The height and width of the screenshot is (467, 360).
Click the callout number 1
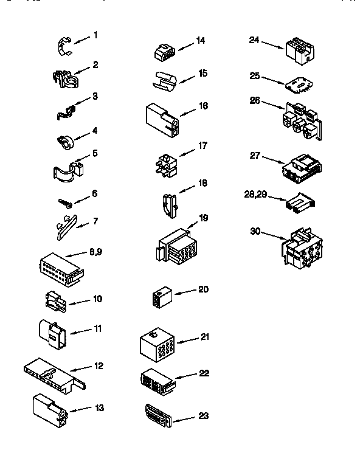[95, 35]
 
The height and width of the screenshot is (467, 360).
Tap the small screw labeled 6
[64, 201]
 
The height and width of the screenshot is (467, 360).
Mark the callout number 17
[203, 146]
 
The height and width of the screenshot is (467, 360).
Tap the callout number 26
[255, 100]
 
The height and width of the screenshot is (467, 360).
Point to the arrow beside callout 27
[272, 159]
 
